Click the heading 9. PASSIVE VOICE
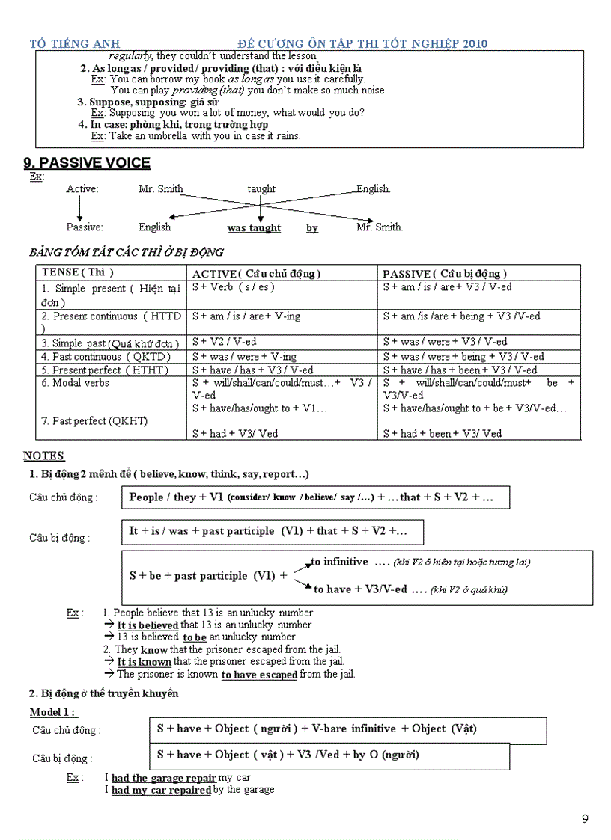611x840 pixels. pos(87,163)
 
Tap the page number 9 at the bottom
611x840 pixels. pos(585,818)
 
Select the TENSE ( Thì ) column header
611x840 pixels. pos(78,272)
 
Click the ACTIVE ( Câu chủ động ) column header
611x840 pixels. pos(256,273)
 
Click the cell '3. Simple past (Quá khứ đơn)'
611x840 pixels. pos(110,343)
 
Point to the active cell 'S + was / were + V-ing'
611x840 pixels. pos(244,356)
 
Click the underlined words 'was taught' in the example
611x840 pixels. pos(254,227)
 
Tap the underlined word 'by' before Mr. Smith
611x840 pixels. pos(311,227)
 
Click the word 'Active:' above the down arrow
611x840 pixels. pos(82,189)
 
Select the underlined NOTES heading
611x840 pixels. pos(43,456)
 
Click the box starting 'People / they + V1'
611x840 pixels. pos(315,497)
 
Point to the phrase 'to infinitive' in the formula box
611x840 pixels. pos(339,562)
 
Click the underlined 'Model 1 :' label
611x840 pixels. pos(53,711)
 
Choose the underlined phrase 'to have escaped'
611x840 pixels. pos(259,674)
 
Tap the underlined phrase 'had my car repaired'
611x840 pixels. pos(161,789)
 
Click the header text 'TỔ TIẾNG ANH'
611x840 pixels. pos(75,43)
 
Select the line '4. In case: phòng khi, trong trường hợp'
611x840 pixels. pos(179,124)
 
